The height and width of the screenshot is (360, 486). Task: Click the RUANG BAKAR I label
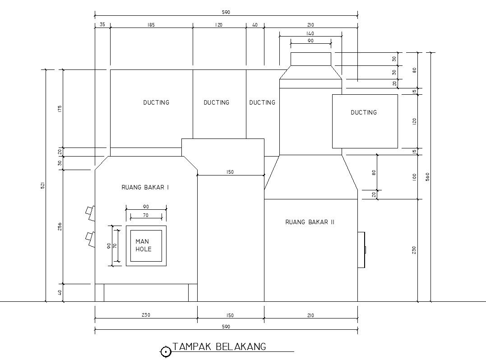145,187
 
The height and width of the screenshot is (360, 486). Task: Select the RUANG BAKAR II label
310,222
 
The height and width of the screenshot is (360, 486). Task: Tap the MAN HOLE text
143,245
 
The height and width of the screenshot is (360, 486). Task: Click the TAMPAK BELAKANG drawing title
219,346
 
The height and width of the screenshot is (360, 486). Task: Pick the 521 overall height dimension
43,185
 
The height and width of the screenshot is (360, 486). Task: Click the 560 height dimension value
428,177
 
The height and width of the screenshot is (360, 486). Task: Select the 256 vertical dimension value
60,226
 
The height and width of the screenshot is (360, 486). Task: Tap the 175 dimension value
60,109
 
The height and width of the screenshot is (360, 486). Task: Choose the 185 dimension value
151,25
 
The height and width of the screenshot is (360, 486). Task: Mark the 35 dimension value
102,25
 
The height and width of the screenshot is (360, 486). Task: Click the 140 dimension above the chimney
310,33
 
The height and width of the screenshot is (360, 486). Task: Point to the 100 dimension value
414,177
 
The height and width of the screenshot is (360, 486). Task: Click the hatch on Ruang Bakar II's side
361,250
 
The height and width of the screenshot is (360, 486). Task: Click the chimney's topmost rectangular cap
311,59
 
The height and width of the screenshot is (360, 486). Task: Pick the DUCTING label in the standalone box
364,112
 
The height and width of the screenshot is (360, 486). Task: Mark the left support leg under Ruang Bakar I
99,293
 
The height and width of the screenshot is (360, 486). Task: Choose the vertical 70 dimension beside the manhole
115,246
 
